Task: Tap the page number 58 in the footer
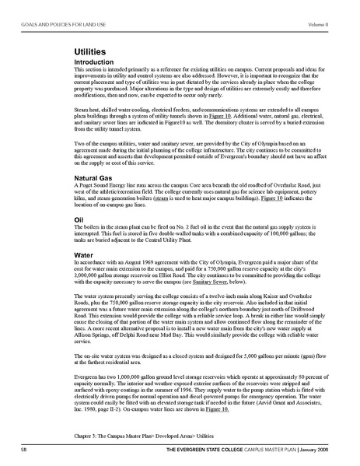click(26, 450)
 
